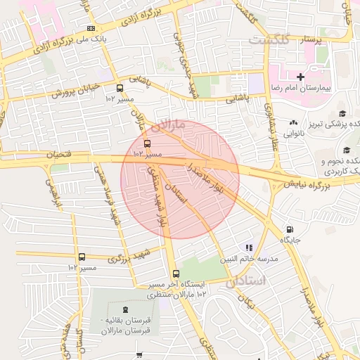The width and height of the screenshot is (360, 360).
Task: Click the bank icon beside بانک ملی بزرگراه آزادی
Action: coord(90,29)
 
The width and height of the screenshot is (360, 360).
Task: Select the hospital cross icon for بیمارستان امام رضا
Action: coord(300,76)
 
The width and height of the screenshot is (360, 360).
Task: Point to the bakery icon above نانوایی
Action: coord(294,122)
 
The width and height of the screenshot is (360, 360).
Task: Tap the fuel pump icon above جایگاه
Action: coord(290,230)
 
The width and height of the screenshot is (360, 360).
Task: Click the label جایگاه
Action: coord(290,240)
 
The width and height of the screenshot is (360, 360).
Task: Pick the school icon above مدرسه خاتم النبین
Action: coord(249,247)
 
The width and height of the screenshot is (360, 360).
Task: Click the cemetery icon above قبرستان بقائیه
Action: coord(124,310)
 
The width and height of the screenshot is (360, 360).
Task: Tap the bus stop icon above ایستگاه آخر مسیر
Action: coord(176,274)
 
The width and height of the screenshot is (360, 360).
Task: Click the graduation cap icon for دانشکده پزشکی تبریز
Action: coord(342,114)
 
